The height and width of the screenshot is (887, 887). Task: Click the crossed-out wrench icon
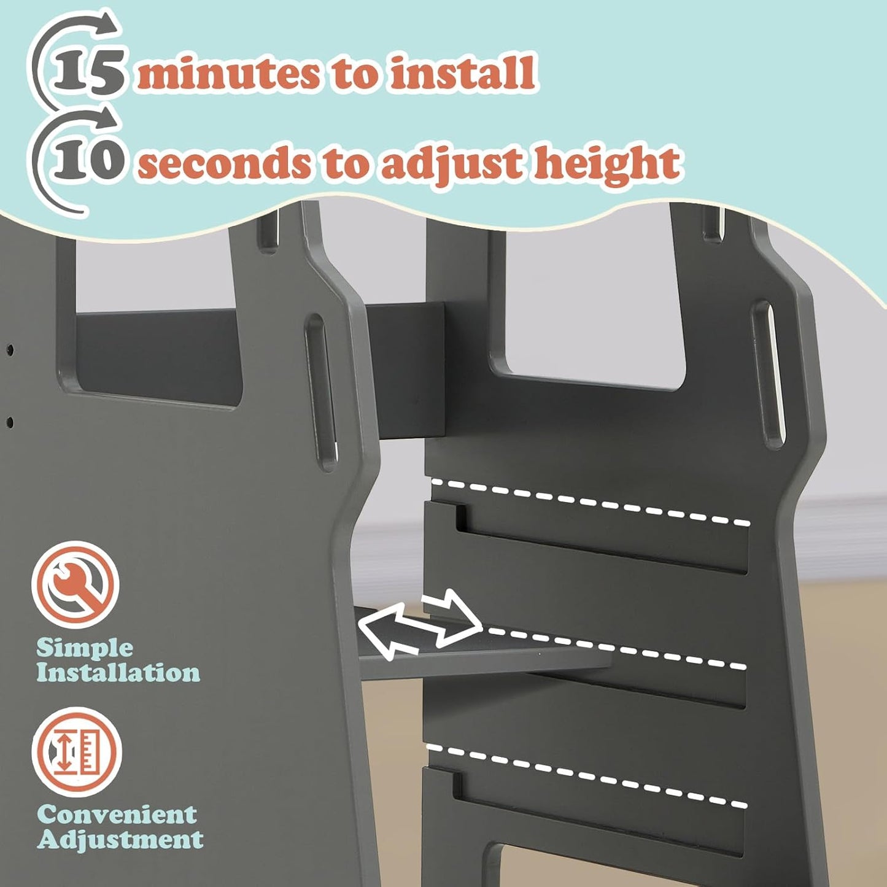click(76, 584)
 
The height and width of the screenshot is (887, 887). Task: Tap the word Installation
click(118, 673)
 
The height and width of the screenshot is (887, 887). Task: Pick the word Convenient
click(117, 815)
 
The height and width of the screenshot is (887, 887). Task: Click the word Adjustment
click(120, 840)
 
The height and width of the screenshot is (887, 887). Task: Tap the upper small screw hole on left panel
click(10, 351)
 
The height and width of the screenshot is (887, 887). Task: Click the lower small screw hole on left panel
click(10, 422)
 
